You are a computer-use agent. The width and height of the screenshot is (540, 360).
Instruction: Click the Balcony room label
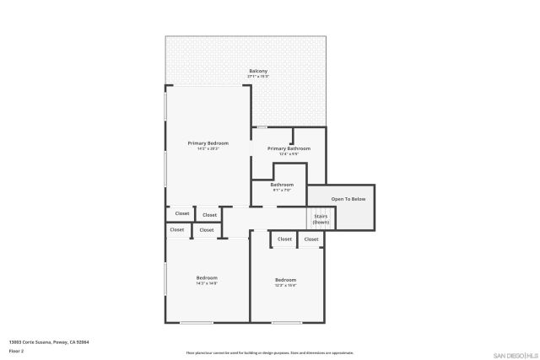click(258, 71)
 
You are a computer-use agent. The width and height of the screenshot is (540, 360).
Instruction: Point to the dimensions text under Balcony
click(258, 77)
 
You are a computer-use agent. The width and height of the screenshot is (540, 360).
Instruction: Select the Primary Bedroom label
click(208, 143)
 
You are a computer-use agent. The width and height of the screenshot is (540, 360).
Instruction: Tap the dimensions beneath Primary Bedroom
click(208, 149)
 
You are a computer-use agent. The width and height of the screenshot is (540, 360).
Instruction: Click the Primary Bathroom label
click(289, 148)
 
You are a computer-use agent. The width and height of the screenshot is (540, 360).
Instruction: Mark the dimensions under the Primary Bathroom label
click(289, 154)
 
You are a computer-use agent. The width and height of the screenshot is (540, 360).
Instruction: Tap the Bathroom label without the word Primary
click(282, 185)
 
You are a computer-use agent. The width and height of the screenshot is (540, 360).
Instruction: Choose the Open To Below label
click(348, 199)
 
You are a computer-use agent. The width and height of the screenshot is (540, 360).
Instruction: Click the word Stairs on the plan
click(321, 216)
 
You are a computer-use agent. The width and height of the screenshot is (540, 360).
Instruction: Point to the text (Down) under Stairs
click(321, 222)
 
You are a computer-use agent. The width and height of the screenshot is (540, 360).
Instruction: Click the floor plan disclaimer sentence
click(270, 352)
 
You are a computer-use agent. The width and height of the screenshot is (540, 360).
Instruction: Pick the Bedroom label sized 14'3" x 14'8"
click(207, 277)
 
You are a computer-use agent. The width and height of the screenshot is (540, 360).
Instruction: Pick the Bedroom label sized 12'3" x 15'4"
click(285, 280)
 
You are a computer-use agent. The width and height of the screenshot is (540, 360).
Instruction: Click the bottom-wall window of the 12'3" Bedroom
click(286, 322)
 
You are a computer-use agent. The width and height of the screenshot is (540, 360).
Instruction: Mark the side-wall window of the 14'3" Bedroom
click(165, 277)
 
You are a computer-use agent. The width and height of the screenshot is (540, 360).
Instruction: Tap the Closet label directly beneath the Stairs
click(311, 239)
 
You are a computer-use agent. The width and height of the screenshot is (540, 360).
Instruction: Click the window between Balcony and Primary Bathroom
click(262, 127)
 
